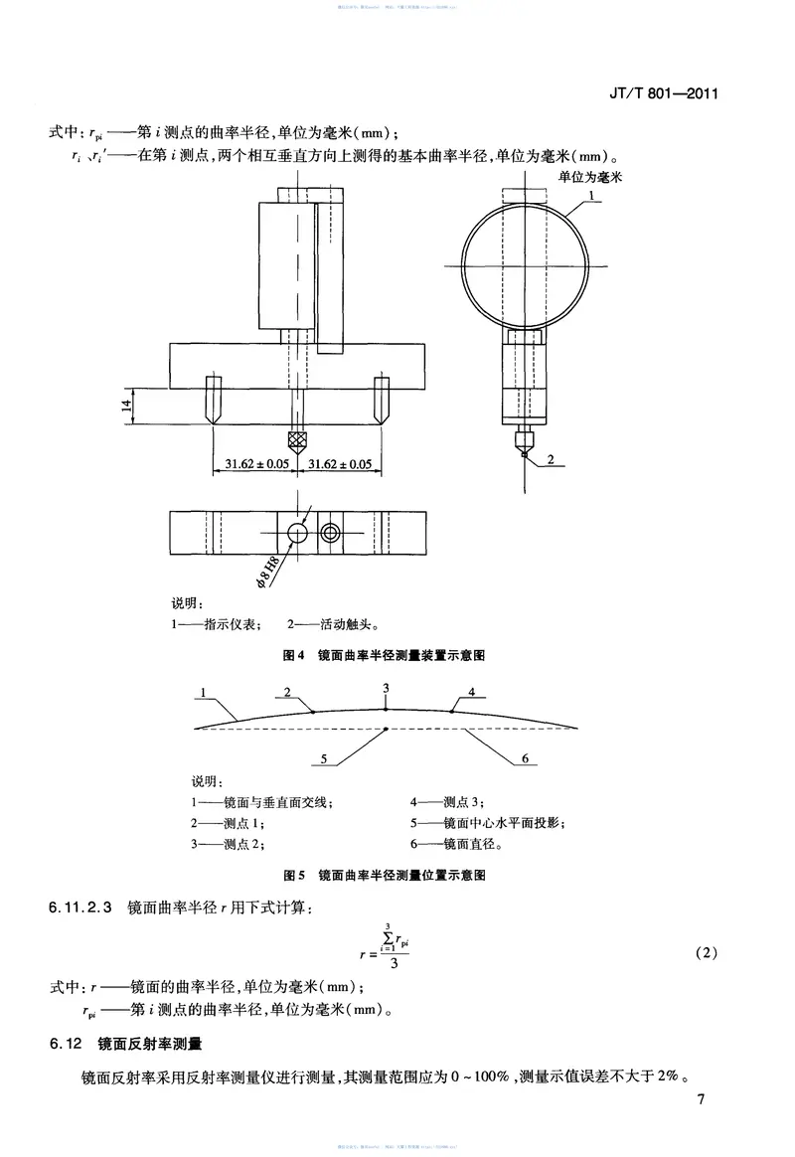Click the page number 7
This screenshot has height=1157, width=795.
701,1099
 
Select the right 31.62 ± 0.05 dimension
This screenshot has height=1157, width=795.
340,464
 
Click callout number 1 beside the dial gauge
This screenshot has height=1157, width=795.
591,197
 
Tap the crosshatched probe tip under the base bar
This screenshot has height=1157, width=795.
295,439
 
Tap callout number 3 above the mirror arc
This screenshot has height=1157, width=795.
386,688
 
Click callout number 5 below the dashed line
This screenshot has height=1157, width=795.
323,758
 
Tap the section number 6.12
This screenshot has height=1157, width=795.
68,1044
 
